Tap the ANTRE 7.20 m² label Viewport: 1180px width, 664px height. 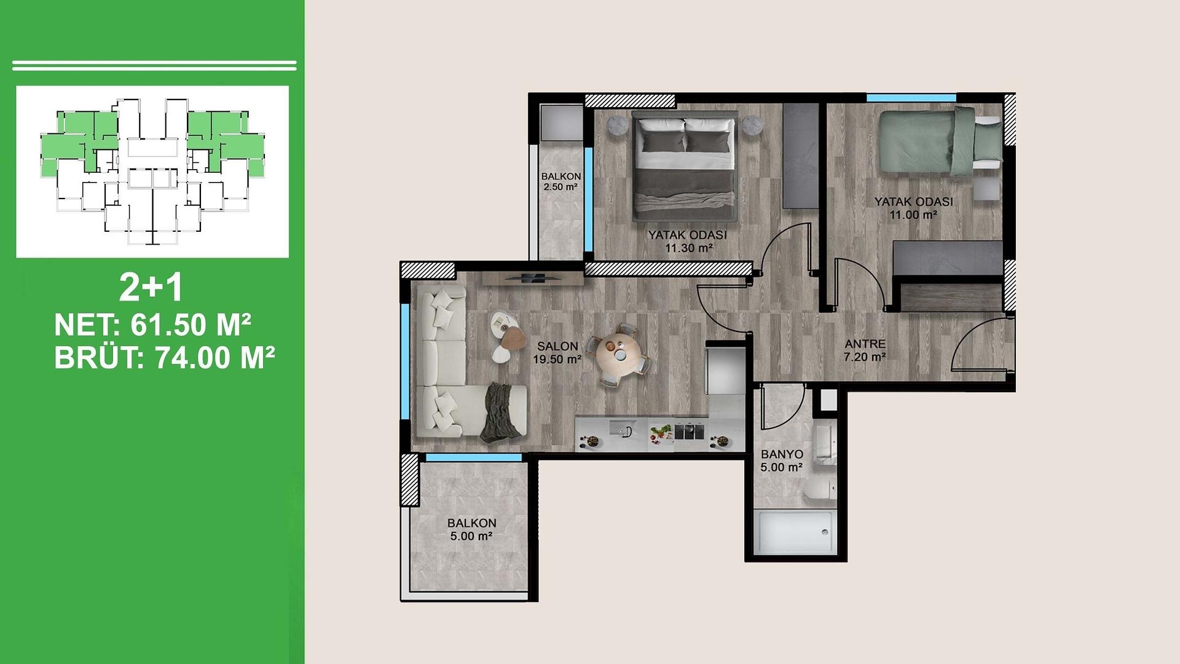pos(865,350)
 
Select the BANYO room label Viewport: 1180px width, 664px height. pos(782,454)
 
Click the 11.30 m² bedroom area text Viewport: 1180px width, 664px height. pos(688,248)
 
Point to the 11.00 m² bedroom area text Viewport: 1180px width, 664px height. pos(913,215)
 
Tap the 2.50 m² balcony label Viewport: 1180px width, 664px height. pos(560,187)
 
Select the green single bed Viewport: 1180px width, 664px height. pos(940,141)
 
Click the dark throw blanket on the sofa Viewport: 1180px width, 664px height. pos(501,413)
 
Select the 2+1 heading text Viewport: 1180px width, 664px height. pos(151,287)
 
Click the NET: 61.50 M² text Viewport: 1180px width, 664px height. pos(152,325)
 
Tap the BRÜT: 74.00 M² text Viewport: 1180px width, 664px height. pos(164,358)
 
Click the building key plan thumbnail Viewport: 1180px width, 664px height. pos(152,172)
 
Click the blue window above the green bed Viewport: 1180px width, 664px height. pos(911,98)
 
